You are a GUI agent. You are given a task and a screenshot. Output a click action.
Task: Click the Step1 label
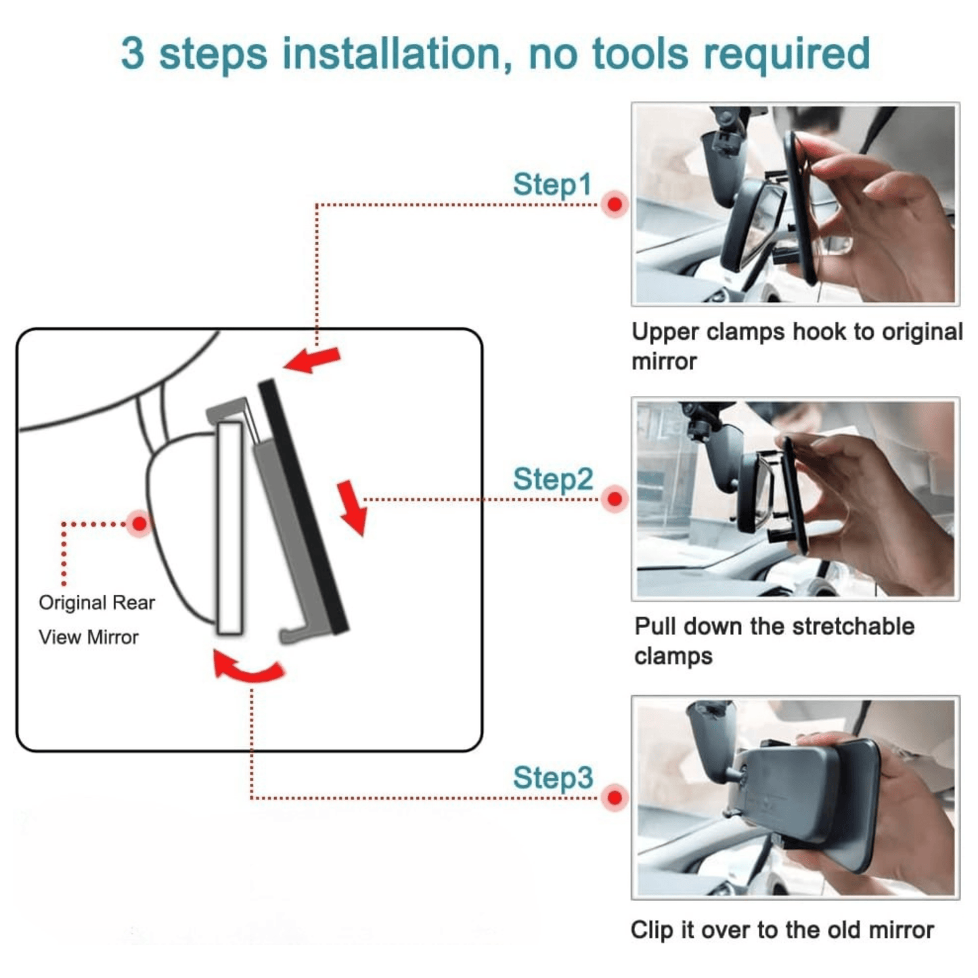[552, 184]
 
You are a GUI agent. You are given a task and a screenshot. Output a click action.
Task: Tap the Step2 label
[553, 479]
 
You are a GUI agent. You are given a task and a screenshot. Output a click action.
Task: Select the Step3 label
[553, 777]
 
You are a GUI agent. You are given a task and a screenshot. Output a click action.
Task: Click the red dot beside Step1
[615, 204]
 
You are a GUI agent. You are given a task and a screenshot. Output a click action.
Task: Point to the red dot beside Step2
[615, 499]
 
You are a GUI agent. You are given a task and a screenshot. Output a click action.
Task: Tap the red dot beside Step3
[615, 797]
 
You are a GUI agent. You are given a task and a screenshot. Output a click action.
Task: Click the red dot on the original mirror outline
[139, 523]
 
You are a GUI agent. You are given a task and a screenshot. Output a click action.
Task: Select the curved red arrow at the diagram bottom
[248, 671]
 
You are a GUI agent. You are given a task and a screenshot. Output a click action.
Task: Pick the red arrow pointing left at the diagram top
[312, 360]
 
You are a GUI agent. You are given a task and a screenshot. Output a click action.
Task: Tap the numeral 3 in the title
[133, 53]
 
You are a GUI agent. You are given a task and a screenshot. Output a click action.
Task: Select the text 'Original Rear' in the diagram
[97, 603]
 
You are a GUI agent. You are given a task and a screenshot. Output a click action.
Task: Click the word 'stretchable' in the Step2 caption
[853, 627]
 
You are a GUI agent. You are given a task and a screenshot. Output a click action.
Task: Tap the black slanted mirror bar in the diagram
[303, 507]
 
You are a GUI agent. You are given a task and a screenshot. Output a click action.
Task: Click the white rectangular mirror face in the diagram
[230, 528]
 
